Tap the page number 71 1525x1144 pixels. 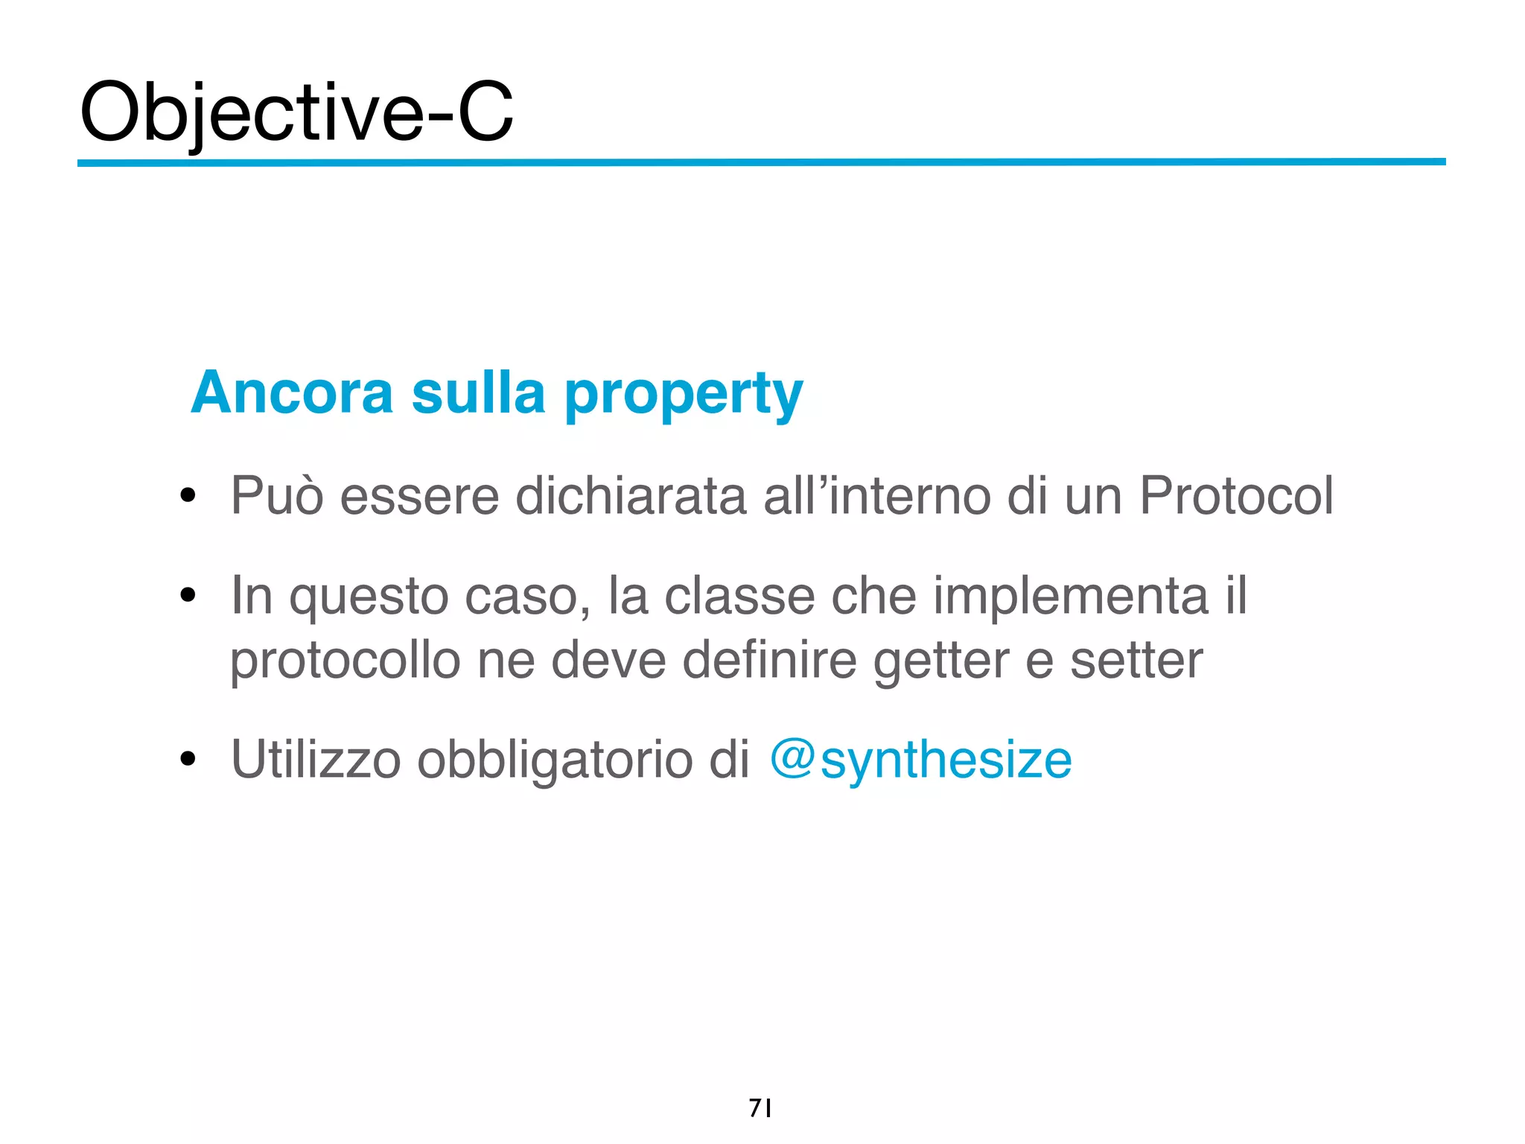pyautogui.click(x=760, y=1108)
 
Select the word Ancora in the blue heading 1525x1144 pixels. pyautogui.click(x=291, y=393)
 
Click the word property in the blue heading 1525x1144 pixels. pyautogui.click(x=683, y=395)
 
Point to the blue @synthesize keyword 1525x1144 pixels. pyautogui.click(x=920, y=760)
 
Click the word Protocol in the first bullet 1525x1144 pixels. pyautogui.click(x=1236, y=495)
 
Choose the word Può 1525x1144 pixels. pyautogui.click(x=277, y=495)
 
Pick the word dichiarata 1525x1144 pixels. pyautogui.click(x=630, y=495)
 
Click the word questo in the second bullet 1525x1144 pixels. pyautogui.click(x=369, y=597)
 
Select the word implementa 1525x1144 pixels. pyautogui.click(x=1070, y=596)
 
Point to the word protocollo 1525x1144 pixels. pyautogui.click(x=345, y=661)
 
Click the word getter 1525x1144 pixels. pyautogui.click(x=940, y=661)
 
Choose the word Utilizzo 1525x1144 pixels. pyautogui.click(x=316, y=760)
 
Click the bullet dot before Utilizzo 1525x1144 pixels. pyautogui.click(x=188, y=760)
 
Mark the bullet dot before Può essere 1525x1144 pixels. pyautogui.click(x=188, y=495)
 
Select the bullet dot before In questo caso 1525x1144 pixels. pyautogui.click(x=188, y=596)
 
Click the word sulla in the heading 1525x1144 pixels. pyautogui.click(x=478, y=393)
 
